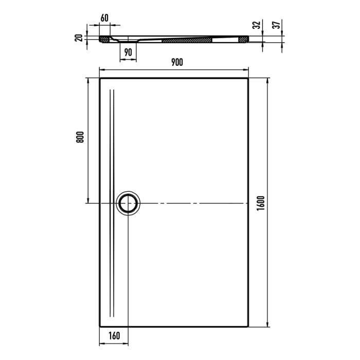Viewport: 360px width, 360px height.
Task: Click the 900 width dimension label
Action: pyautogui.click(x=176, y=62)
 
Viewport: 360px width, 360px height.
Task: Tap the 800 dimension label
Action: pyautogui.click(x=79, y=138)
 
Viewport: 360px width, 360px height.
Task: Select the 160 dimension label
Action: pyautogui.click(x=114, y=336)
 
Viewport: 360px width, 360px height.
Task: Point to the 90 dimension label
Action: pyautogui.click(x=128, y=51)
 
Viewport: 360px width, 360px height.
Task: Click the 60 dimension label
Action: pyautogui.click(x=104, y=17)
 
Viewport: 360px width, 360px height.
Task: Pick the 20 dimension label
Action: pyautogui.click(x=79, y=38)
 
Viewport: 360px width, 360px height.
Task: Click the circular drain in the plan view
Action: pyautogui.click(x=128, y=203)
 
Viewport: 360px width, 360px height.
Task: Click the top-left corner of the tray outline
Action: pyautogui.click(x=99, y=78)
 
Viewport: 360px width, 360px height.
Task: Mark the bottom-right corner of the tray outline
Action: pyautogui.click(x=249, y=326)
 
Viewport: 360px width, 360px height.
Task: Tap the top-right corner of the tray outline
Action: pyautogui.click(x=249, y=78)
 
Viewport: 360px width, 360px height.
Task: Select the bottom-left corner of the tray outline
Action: pyautogui.click(x=99, y=326)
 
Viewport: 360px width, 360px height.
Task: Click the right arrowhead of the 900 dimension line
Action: pyautogui.click(x=247, y=69)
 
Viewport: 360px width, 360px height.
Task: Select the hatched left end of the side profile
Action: pyautogui.click(x=105, y=39)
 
